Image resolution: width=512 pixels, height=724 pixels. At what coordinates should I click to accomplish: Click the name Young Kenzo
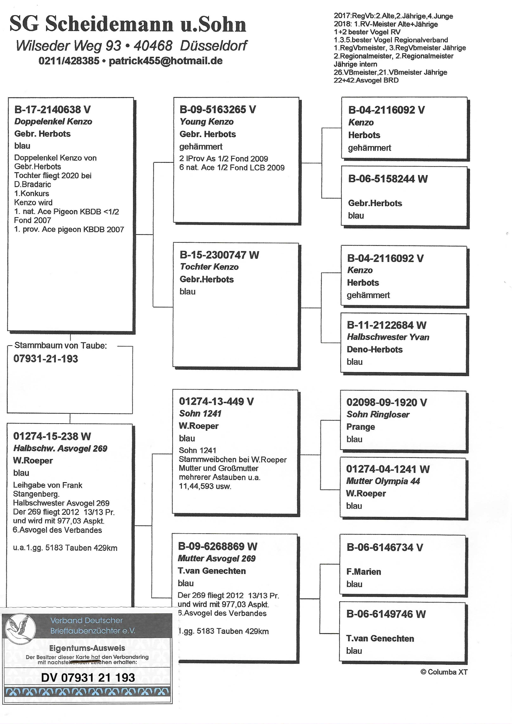pos(207,122)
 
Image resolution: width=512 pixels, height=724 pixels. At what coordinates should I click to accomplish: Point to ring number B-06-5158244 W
pos(388,179)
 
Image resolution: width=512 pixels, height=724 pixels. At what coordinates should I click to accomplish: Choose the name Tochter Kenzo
pos(209,267)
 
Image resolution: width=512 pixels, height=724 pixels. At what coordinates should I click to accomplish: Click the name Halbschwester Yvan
pos(388,337)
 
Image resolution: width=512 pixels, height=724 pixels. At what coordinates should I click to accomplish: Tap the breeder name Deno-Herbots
pos(375,349)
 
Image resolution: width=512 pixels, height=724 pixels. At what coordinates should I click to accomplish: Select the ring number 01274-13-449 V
pos(216,401)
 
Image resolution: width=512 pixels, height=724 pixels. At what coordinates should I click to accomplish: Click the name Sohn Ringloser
pos(378,414)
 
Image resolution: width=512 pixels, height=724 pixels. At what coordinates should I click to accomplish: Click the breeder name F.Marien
pos(364,571)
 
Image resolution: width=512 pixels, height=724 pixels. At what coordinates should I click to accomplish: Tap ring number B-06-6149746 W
pos(386,614)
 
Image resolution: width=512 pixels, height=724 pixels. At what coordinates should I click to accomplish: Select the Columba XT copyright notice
pos(444,672)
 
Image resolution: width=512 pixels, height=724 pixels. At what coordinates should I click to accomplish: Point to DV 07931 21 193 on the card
pos(88,677)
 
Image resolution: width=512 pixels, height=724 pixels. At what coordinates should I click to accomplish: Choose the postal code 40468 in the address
pos(153,46)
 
